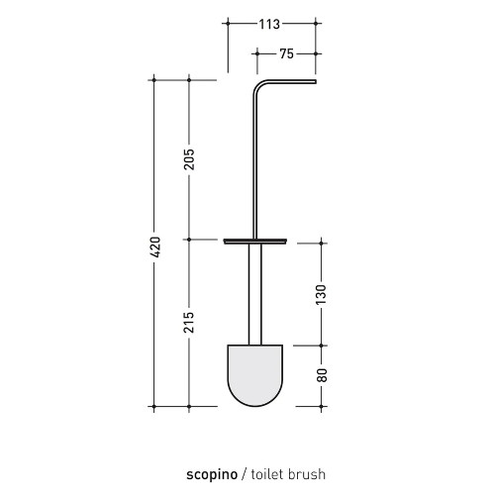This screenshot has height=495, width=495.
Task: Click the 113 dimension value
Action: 269,24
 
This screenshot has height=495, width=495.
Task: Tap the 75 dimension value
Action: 286,53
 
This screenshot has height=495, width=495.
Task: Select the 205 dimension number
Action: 189,159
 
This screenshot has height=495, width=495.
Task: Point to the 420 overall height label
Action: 154,247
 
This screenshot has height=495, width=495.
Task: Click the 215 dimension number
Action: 189,322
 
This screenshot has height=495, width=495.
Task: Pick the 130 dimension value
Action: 321,294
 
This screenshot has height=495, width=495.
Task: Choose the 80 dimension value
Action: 322,375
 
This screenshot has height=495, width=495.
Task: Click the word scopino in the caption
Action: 212,474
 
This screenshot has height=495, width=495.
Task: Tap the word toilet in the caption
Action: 267,474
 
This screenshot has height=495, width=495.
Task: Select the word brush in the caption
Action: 307,474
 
